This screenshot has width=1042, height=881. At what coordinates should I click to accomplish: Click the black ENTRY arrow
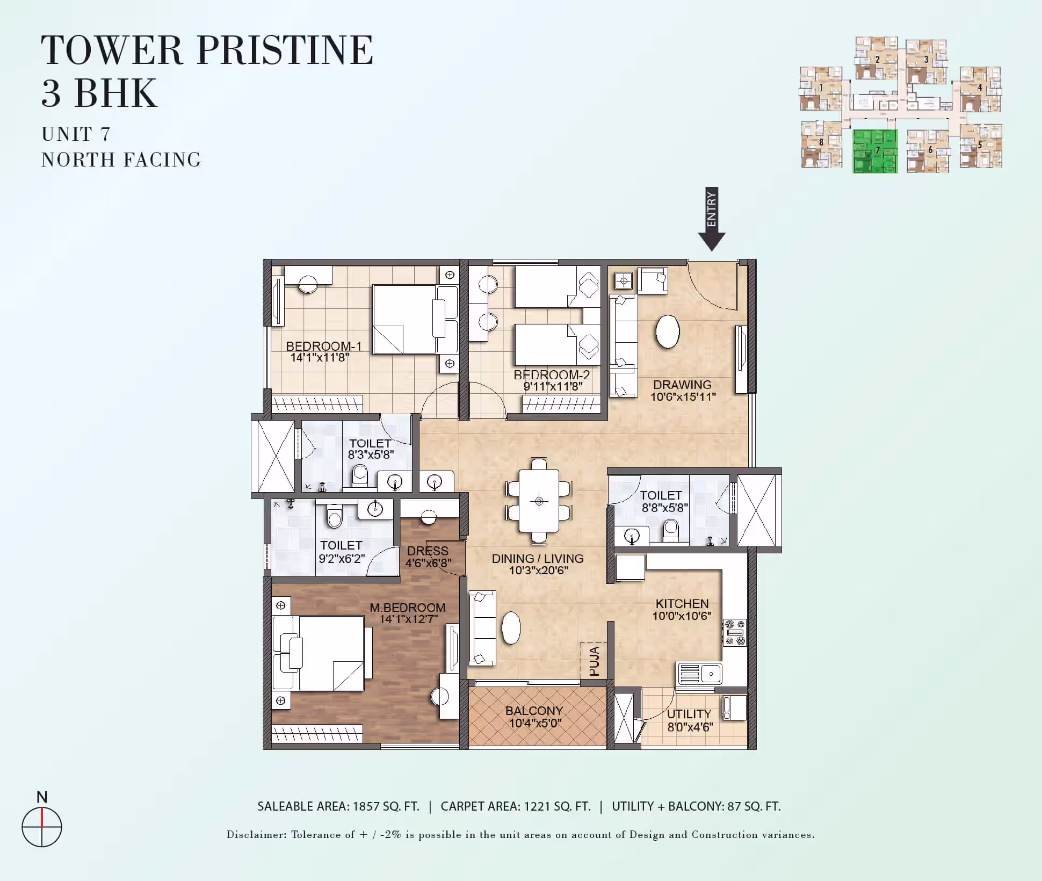pyautogui.click(x=712, y=219)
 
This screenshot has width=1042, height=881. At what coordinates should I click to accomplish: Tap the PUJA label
pyautogui.click(x=594, y=661)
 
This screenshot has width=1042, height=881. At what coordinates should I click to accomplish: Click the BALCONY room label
pyautogui.click(x=534, y=711)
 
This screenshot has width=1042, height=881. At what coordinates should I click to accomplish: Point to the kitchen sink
pyautogui.click(x=700, y=674)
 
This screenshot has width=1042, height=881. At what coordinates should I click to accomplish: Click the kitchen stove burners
pyautogui.click(x=735, y=633)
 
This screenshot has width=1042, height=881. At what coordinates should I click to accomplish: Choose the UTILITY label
pyautogui.click(x=689, y=714)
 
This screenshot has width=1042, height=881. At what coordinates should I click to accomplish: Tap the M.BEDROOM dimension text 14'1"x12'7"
pyautogui.click(x=409, y=619)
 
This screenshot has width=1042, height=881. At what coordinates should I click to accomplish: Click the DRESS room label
pyautogui.click(x=428, y=551)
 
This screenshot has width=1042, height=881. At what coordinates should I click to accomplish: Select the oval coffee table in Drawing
pyautogui.click(x=668, y=331)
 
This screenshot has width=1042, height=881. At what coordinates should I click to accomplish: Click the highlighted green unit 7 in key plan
pyautogui.click(x=875, y=151)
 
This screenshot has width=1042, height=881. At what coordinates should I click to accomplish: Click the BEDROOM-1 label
pyautogui.click(x=324, y=346)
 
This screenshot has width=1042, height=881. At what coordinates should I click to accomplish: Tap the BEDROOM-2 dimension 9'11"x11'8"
pyautogui.click(x=553, y=386)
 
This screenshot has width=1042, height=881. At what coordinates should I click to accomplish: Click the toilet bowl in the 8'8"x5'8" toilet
pyautogui.click(x=671, y=531)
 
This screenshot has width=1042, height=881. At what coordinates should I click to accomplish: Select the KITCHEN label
pyautogui.click(x=682, y=604)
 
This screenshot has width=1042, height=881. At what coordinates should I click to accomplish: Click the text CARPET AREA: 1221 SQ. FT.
pyautogui.click(x=516, y=806)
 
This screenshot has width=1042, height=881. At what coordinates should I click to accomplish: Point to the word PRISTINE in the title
pyautogui.click(x=285, y=50)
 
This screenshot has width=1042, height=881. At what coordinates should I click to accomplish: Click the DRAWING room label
pyautogui.click(x=682, y=385)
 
